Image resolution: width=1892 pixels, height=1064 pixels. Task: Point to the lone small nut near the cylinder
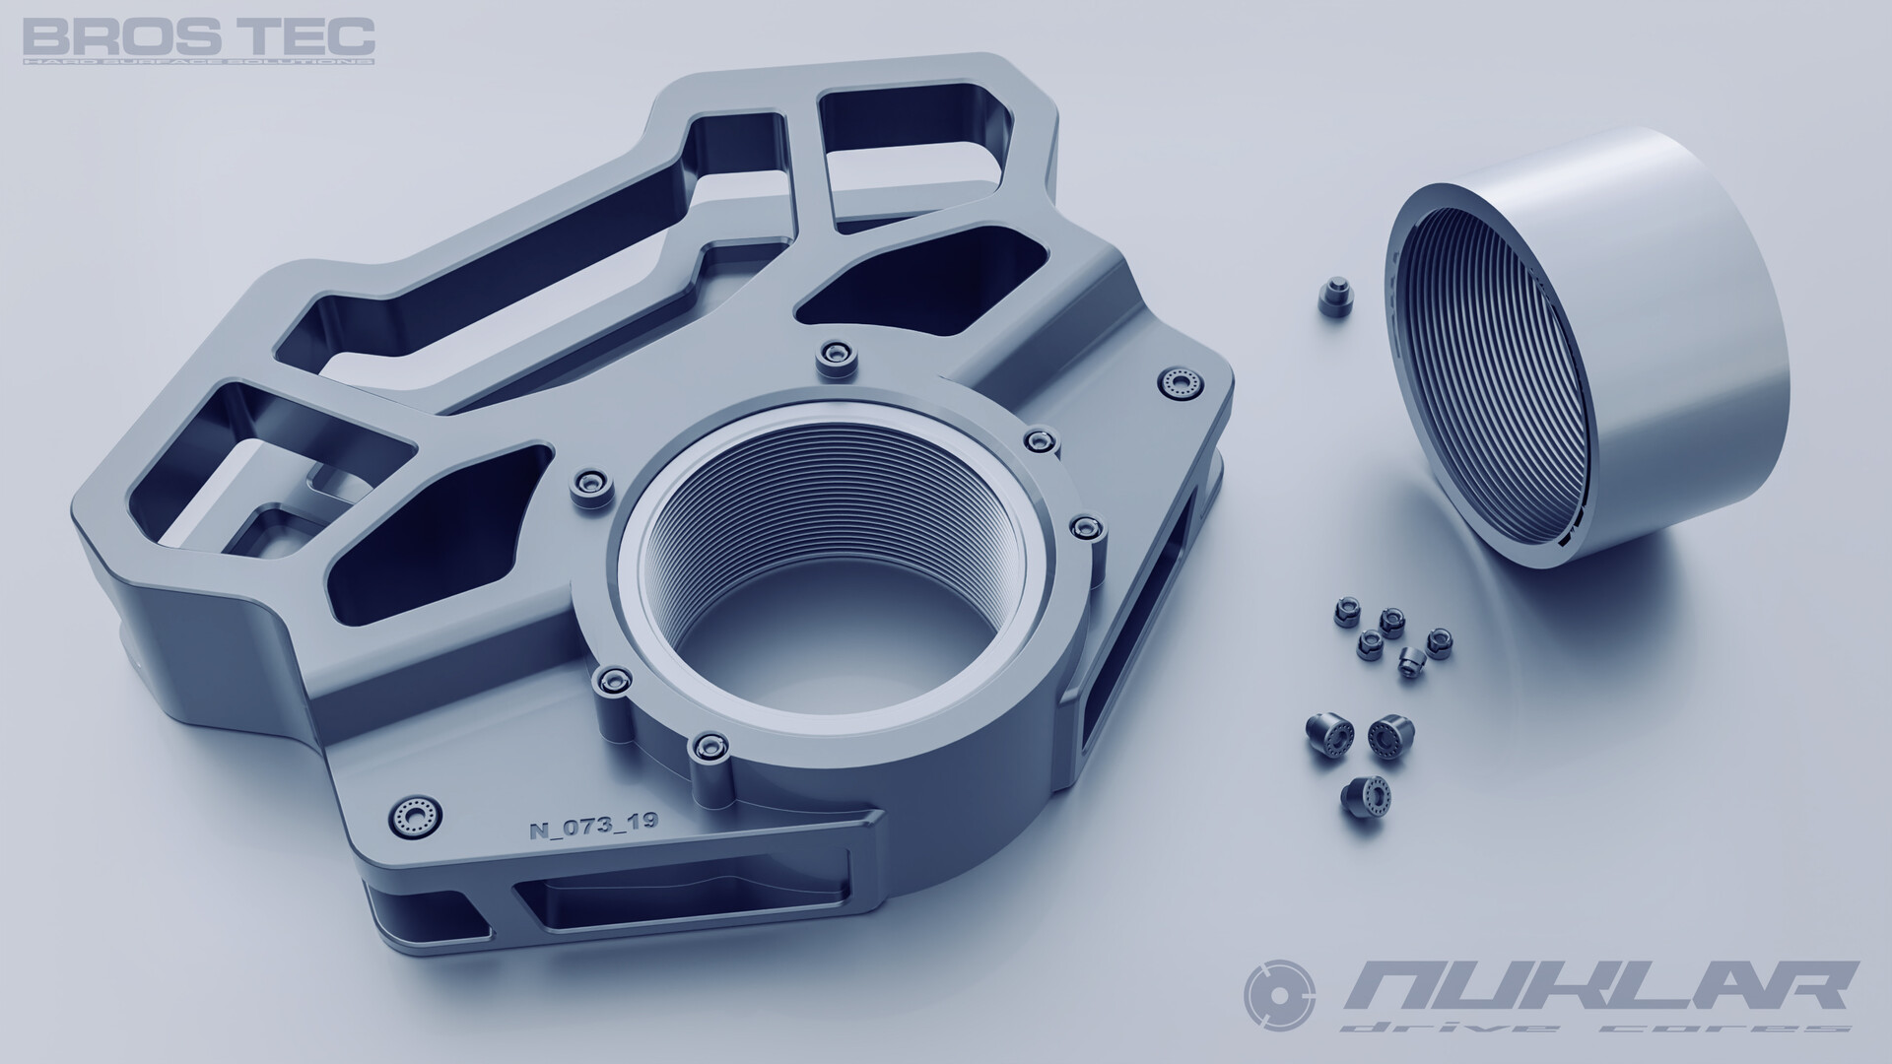1336,295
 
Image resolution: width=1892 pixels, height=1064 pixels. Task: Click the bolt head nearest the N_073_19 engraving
413,818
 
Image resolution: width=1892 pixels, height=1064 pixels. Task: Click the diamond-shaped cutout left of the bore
434,537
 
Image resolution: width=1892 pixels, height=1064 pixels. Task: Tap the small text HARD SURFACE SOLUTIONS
198,61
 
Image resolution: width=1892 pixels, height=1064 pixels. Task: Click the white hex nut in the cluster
1412,663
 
